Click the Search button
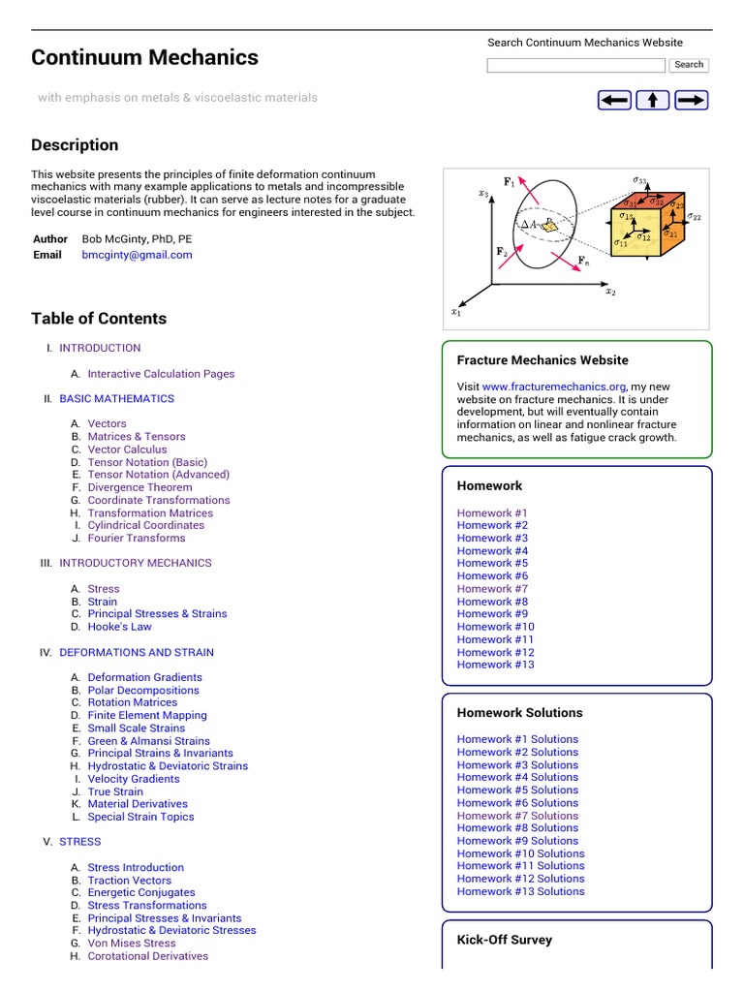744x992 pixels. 689,65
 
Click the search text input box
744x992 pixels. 575,65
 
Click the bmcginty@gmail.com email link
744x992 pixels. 137,255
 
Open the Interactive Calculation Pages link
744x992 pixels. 161,373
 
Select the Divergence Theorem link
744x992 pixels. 139,487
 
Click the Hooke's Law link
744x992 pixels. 119,627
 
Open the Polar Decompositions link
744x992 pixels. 143,690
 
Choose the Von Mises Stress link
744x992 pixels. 132,943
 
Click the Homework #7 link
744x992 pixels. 492,588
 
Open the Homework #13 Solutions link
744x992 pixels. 520,891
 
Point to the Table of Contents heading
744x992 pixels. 99,319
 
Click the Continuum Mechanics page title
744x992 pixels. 144,57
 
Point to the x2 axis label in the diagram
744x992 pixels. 610,291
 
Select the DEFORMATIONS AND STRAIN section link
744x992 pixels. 137,652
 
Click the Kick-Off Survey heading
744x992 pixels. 504,940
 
